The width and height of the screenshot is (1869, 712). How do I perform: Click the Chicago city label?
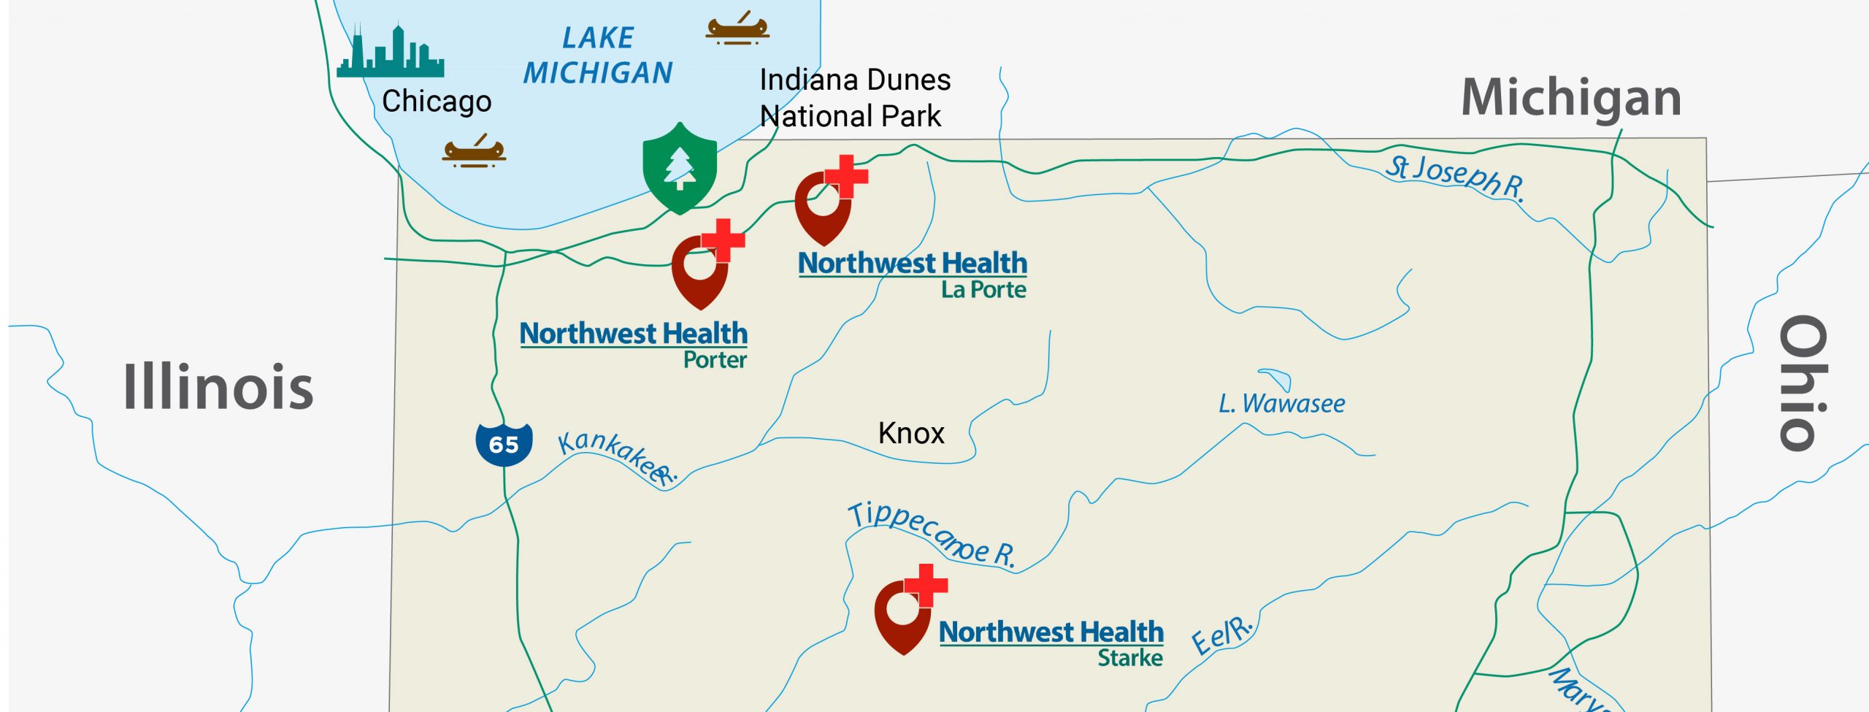(437, 102)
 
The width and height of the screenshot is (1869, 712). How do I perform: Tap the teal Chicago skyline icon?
(390, 53)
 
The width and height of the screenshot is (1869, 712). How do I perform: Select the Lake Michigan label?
(598, 55)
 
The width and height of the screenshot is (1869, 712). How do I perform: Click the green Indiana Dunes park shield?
(680, 168)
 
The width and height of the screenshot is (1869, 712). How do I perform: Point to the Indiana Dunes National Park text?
(854, 98)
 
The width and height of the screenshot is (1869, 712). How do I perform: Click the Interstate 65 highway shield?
(504, 443)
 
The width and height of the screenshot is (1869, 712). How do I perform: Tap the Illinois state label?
(218, 386)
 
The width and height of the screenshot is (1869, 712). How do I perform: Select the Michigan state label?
(1571, 98)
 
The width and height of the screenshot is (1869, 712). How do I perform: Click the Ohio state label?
(1803, 383)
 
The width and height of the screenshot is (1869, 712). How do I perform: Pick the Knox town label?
(911, 434)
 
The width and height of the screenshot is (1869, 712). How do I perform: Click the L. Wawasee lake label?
(1281, 404)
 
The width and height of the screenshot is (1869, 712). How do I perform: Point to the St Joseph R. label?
(1456, 177)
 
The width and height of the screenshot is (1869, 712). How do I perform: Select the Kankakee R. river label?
(617, 456)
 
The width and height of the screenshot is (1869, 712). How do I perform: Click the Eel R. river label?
(1221, 635)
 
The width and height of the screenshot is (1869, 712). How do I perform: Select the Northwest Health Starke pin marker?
(905, 613)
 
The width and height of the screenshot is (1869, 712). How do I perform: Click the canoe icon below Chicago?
(474, 152)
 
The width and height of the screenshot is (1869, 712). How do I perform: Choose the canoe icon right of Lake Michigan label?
(737, 28)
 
